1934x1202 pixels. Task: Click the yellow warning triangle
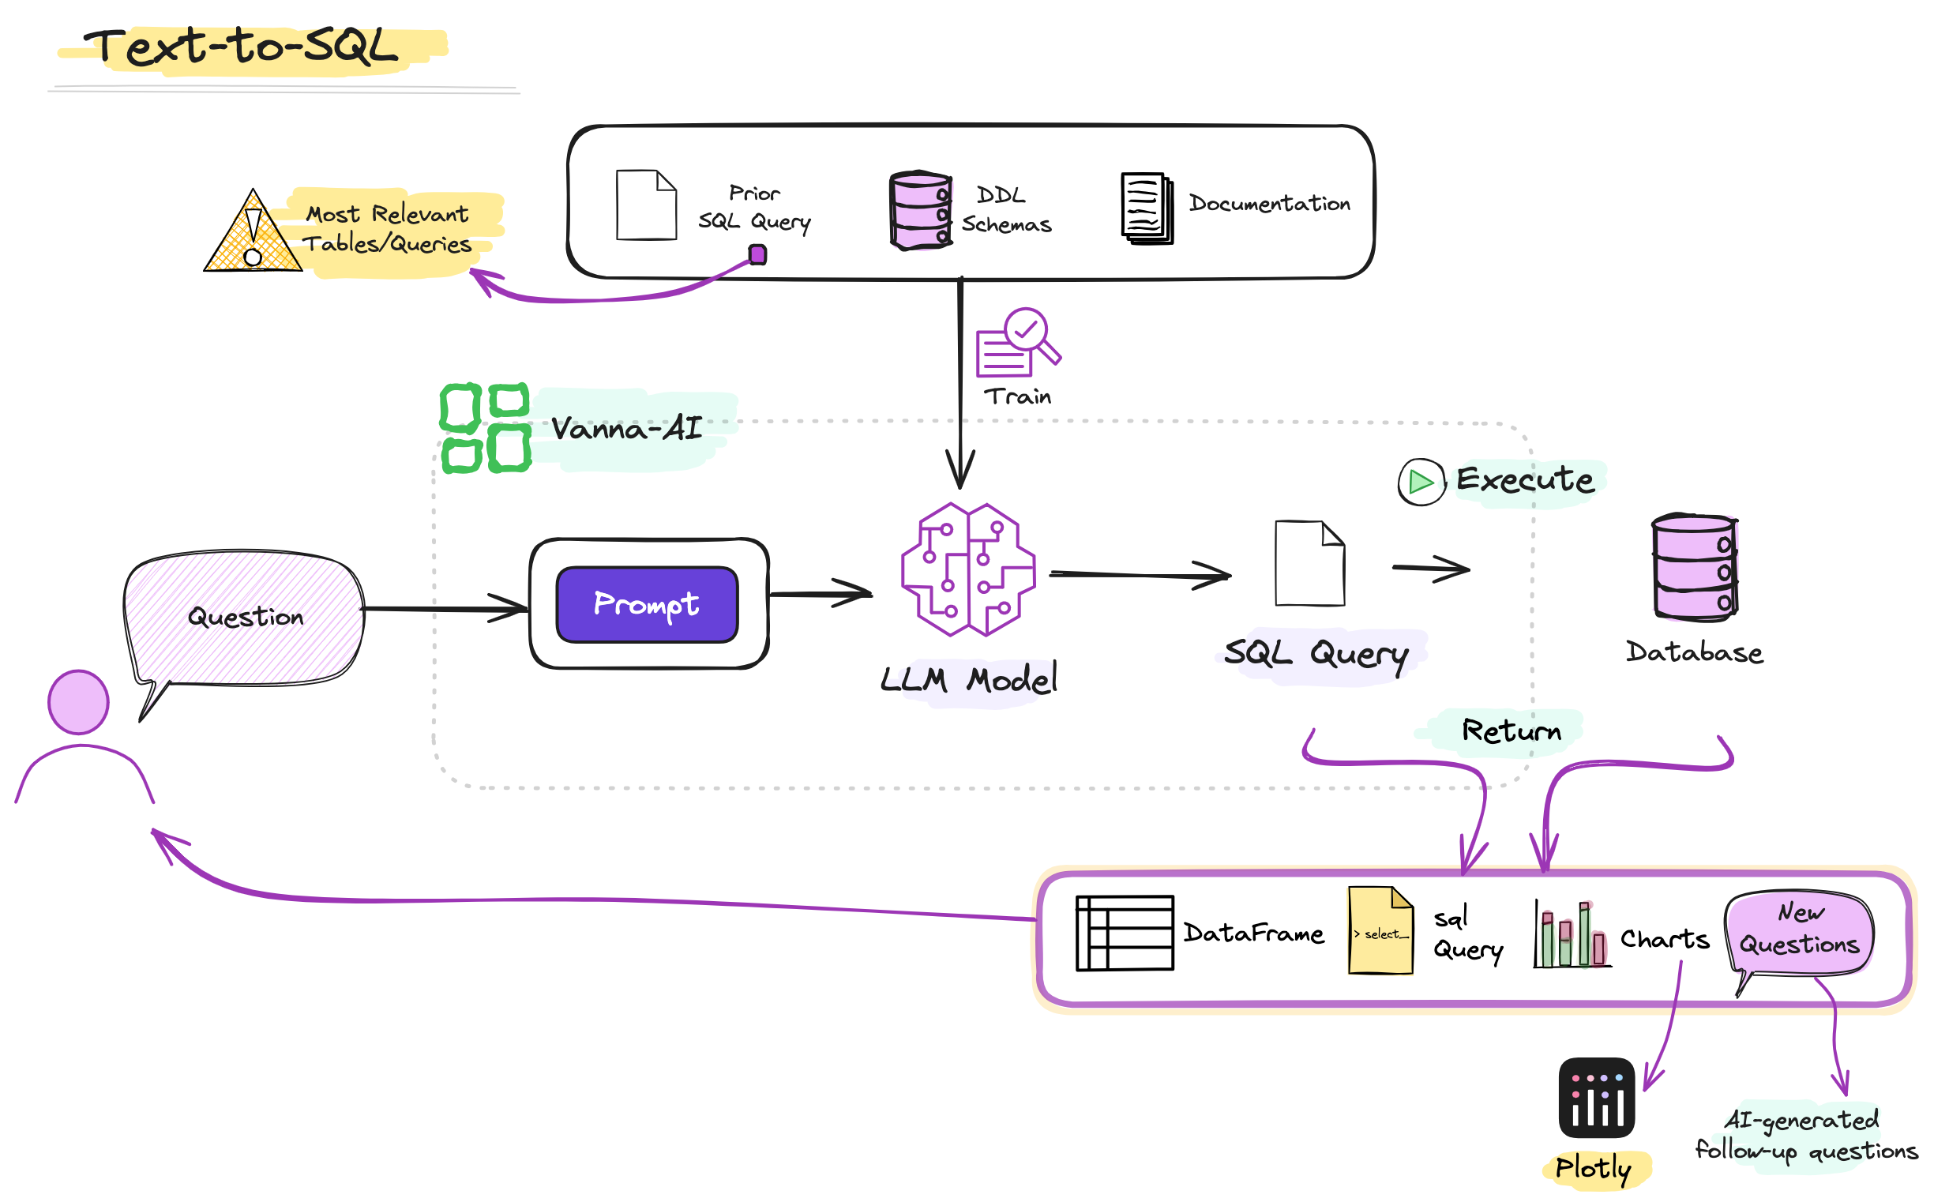coord(253,231)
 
